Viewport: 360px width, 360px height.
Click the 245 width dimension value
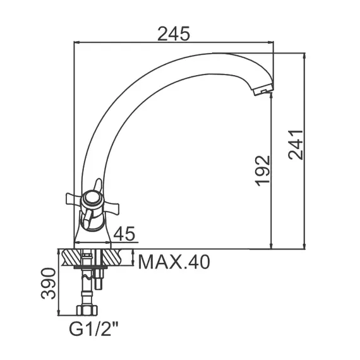[174, 34]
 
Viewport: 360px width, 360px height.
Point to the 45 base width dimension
[126, 234]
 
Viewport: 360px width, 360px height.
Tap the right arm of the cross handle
[111, 204]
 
